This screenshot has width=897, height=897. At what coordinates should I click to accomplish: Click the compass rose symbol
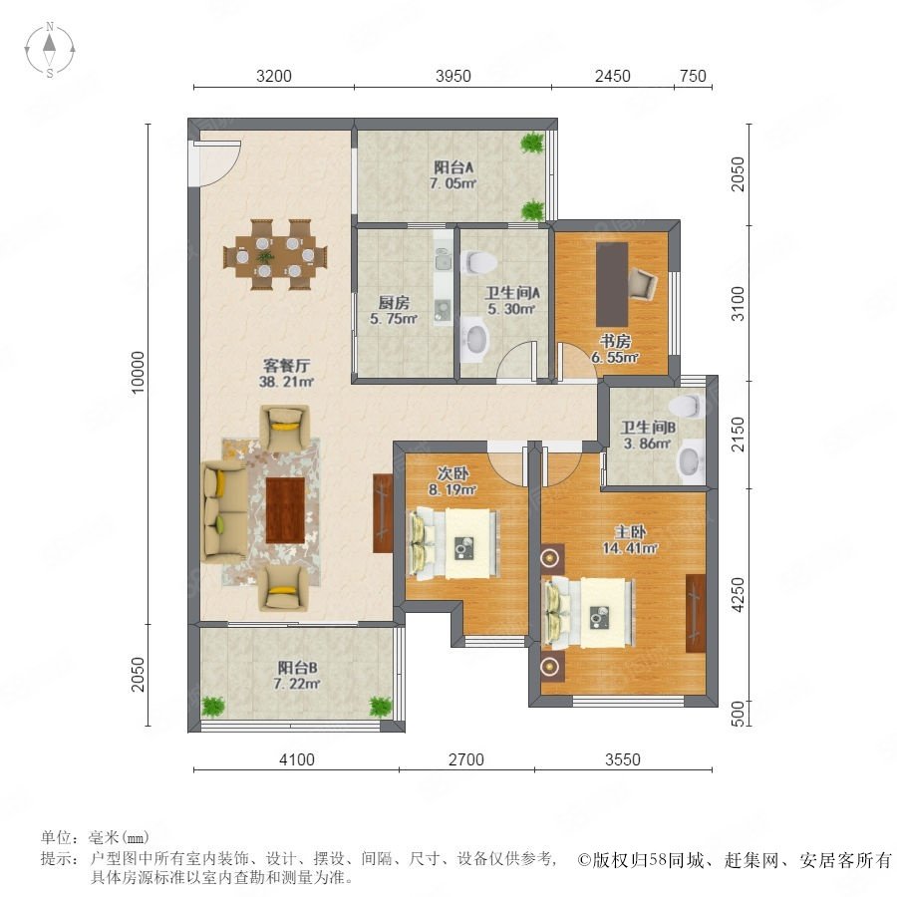(50, 49)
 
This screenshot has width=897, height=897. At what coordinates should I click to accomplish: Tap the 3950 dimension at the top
(453, 76)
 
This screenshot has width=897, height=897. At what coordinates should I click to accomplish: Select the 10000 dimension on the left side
(139, 373)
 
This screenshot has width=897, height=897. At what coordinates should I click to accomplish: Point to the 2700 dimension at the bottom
(466, 759)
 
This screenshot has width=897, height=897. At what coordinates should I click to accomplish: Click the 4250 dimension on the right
(738, 595)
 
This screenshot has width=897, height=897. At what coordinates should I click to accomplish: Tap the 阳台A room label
(453, 167)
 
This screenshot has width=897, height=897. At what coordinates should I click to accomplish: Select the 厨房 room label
(394, 303)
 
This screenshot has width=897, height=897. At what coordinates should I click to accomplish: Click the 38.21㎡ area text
(286, 382)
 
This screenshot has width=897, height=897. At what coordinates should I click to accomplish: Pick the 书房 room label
(615, 342)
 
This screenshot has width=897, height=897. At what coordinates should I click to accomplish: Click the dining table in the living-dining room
(276, 255)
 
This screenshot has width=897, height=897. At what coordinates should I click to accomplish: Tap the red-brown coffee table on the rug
(285, 510)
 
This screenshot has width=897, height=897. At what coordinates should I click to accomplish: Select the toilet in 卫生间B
(686, 406)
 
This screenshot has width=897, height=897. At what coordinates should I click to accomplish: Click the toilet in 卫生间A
(478, 262)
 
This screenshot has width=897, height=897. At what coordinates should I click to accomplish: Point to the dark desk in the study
(612, 284)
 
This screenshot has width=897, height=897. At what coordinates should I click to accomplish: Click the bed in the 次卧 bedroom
(452, 543)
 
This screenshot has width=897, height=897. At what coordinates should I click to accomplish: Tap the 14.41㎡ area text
(630, 548)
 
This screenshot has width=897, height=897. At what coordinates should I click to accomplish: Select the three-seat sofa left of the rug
(224, 512)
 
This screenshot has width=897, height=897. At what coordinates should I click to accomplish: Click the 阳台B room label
(297, 668)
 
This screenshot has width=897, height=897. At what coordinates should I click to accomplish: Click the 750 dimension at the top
(694, 76)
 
